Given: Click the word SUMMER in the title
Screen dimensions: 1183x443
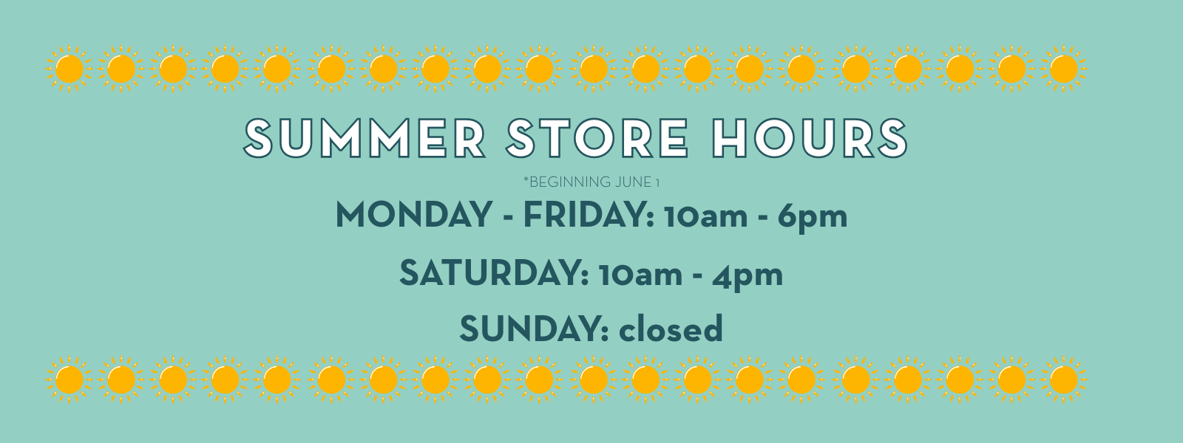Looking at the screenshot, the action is (365, 137).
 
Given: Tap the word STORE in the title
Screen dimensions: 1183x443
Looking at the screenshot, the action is (597, 137).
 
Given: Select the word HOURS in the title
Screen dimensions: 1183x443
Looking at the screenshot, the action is (810, 137).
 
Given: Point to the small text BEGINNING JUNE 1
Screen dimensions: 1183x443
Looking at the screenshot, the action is (594, 182).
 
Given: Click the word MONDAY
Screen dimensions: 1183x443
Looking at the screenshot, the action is (414, 215).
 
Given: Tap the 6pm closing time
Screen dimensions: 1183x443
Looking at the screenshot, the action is (813, 217).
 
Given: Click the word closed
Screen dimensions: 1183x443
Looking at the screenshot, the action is (670, 328).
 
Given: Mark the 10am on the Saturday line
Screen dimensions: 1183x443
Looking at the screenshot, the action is (640, 275).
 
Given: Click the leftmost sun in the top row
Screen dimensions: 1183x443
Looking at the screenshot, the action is (70, 69).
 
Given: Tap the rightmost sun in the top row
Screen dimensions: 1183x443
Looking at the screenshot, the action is (1064, 69).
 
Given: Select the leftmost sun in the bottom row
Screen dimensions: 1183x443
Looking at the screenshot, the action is (70, 380).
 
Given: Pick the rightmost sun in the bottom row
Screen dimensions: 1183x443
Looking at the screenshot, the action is (1064, 380).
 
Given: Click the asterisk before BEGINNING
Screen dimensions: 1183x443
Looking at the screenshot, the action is (526, 179).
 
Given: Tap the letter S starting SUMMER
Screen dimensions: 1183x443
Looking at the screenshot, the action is (258, 137).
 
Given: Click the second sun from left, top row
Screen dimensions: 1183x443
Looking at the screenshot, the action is (121, 69).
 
